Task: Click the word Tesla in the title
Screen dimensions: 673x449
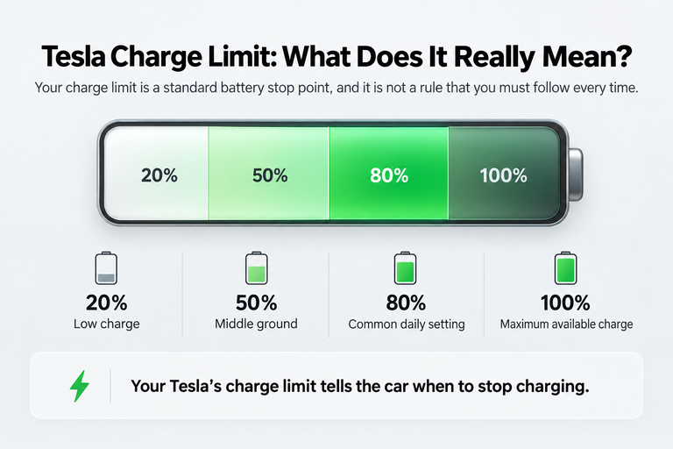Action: point(74,56)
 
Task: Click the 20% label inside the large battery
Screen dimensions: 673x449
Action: point(159,175)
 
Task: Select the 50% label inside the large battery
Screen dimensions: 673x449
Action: point(270,175)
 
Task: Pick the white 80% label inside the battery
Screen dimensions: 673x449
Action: point(389,175)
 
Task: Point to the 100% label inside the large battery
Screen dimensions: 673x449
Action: point(504,175)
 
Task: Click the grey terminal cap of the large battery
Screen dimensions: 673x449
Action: point(576,174)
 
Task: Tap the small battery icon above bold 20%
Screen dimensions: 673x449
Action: point(106,268)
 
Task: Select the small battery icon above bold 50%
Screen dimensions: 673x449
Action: point(256,268)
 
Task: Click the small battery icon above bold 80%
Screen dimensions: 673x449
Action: point(405,268)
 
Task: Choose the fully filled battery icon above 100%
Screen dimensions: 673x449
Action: point(566,268)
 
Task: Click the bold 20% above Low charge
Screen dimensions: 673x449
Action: point(106,303)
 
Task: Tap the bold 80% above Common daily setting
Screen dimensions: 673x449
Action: point(406,303)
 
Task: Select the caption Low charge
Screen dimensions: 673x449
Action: point(106,324)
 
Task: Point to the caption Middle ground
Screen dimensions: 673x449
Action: point(256,324)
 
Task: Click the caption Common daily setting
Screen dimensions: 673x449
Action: point(407,324)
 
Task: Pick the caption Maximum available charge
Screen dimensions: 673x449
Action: point(566,324)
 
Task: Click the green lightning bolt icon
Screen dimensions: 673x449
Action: point(80,386)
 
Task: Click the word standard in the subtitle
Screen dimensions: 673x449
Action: point(190,88)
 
